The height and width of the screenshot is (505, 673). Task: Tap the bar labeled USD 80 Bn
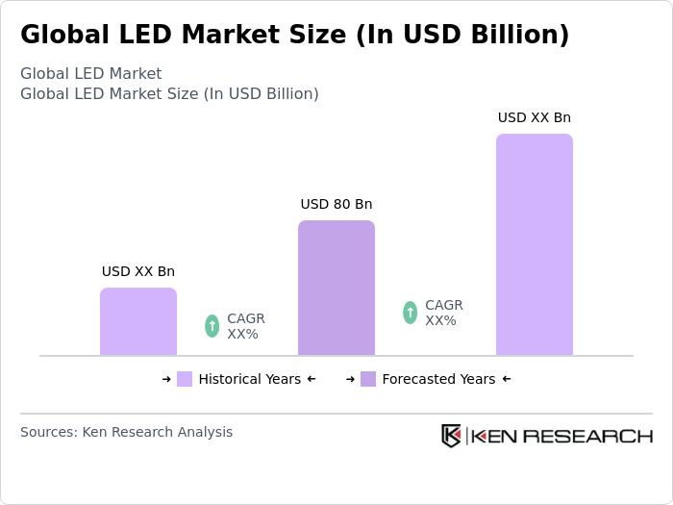(336, 288)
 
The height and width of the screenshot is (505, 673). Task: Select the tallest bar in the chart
(534, 244)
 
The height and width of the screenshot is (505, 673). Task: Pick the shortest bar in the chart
(138, 321)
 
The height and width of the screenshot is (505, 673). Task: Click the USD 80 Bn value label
(336, 204)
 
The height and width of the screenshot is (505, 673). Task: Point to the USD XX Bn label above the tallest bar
(534, 117)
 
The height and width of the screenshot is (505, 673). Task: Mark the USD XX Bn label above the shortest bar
(138, 271)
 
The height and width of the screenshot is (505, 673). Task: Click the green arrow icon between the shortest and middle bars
(212, 326)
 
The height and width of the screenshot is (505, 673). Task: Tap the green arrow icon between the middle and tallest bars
(410, 313)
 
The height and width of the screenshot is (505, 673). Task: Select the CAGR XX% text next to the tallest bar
(443, 313)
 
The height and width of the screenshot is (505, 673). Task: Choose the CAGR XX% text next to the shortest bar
(245, 326)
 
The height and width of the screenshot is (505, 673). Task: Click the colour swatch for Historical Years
(185, 379)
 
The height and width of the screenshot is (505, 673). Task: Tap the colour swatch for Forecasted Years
(368, 379)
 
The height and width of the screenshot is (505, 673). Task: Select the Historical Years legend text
(249, 379)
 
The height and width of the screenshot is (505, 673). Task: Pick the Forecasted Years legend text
(438, 379)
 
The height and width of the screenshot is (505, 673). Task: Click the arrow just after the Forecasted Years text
(507, 379)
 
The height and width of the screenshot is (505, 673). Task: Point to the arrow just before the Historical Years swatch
(166, 379)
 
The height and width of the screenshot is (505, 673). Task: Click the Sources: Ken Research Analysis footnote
(126, 432)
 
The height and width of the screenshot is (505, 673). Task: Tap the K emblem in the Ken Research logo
(451, 436)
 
